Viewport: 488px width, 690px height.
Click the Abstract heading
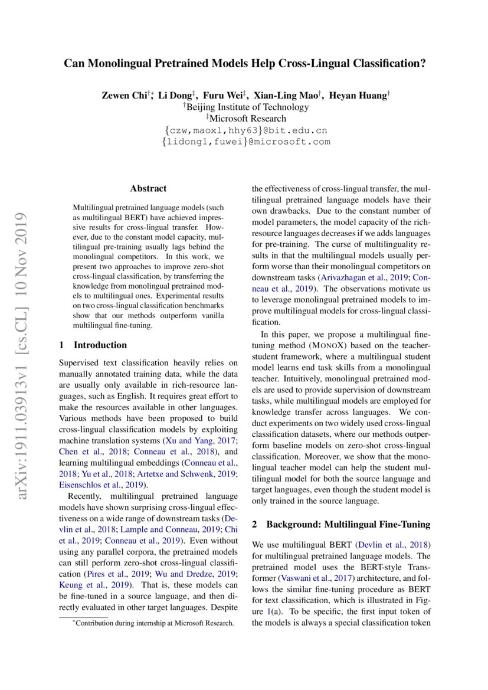click(x=148, y=189)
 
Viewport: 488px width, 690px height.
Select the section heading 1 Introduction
click(x=94, y=345)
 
